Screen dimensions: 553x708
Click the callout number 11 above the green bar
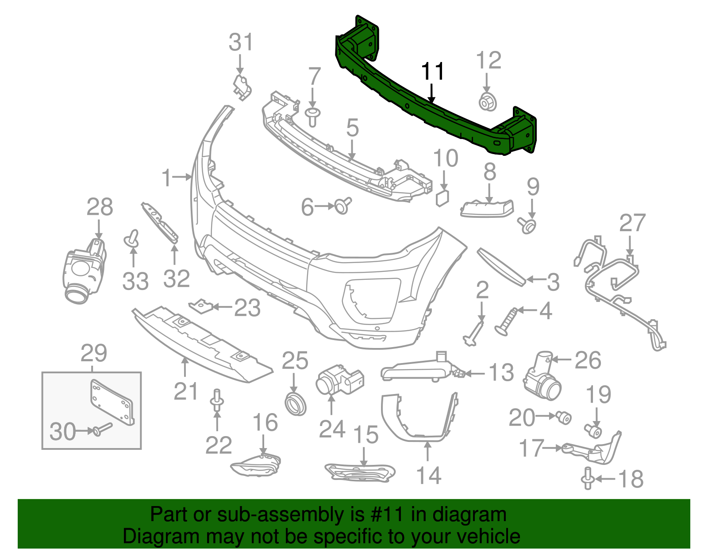pos(433,72)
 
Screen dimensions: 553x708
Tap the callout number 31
pos(241,43)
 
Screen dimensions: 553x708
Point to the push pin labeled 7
pos(313,116)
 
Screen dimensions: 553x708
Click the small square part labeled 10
pos(442,198)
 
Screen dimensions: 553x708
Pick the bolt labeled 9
pos(528,225)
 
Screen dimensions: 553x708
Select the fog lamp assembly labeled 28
pos(84,271)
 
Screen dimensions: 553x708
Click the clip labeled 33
pos(132,239)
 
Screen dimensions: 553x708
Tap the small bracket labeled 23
pos(201,306)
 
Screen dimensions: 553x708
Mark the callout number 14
pos(429,476)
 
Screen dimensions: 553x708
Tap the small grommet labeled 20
pos(564,417)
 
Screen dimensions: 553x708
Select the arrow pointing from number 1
pos(181,177)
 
